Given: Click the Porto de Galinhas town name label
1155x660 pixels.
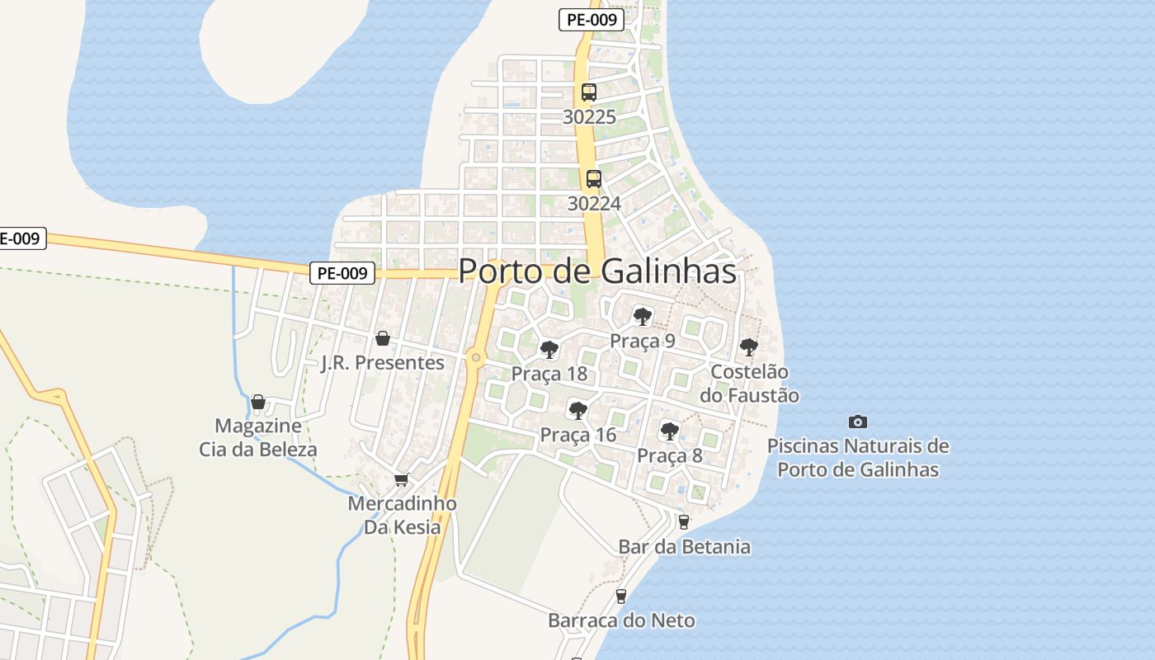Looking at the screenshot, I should (x=596, y=271).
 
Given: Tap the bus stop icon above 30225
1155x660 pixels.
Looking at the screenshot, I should (x=588, y=92).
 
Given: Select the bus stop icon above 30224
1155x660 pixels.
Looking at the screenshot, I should (x=593, y=178).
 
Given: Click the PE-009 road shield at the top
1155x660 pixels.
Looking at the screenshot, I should (x=591, y=20).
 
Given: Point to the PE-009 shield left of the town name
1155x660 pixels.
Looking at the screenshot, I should (x=342, y=273).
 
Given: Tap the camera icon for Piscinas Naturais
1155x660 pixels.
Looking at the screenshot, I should (x=858, y=422).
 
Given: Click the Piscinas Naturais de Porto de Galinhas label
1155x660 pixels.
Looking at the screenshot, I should (x=858, y=458).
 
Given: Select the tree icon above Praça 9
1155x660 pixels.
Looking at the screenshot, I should (x=642, y=316).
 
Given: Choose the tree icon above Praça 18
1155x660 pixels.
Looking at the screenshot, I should (x=549, y=350).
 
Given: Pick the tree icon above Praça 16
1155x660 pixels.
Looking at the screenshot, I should (x=577, y=410).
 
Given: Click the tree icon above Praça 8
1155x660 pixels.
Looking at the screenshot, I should (x=669, y=431).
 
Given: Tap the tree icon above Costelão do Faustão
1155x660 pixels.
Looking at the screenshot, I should (x=748, y=347).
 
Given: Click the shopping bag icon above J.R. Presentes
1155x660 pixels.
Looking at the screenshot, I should (x=382, y=338).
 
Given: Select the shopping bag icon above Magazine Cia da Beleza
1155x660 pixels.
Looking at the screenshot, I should (x=258, y=402).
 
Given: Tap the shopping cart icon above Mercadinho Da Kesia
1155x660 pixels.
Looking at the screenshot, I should (x=402, y=479).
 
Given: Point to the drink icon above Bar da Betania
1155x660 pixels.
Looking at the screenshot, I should (x=683, y=521).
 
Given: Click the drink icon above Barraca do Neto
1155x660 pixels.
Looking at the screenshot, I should (x=621, y=596).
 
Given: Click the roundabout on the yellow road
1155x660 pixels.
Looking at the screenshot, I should (x=474, y=357).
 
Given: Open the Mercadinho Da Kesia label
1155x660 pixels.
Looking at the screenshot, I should (x=402, y=515).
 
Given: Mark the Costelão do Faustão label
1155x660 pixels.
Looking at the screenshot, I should (x=749, y=384).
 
